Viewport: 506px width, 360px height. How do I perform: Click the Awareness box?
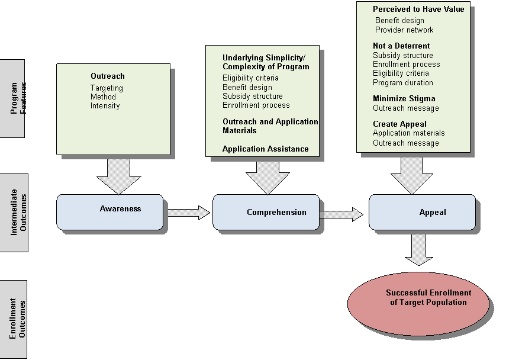[109, 211]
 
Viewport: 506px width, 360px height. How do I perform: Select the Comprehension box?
[265, 212]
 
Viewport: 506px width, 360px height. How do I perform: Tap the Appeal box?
[422, 212]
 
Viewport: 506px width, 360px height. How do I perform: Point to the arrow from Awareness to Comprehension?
[187, 212]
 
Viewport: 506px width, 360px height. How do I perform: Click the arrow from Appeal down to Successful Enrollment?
[419, 249]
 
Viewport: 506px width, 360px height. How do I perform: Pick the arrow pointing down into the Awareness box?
[119, 176]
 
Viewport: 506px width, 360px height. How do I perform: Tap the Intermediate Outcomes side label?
[14, 213]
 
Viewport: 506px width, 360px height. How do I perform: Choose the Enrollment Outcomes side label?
[14, 319]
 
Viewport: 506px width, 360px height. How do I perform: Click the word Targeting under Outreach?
[107, 88]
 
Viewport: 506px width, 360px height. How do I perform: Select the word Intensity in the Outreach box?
[105, 106]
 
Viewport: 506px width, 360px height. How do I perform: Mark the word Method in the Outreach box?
[103, 97]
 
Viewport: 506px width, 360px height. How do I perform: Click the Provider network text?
[404, 30]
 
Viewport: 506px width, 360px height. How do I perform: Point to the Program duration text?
[402, 83]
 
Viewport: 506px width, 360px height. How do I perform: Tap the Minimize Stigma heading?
[404, 98]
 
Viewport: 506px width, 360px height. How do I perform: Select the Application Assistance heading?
[265, 149]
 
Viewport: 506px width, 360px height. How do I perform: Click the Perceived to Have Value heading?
[418, 9]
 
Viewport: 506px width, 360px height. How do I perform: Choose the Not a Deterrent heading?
[401, 46]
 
